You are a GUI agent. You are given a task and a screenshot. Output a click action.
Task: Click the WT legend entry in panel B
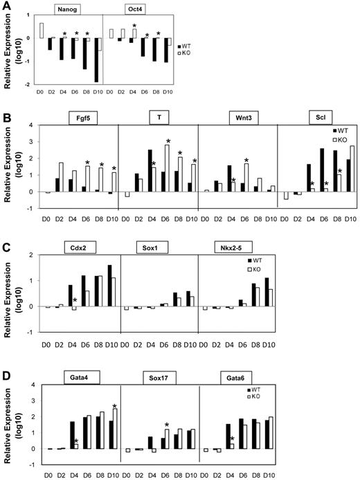(x=337, y=130)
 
